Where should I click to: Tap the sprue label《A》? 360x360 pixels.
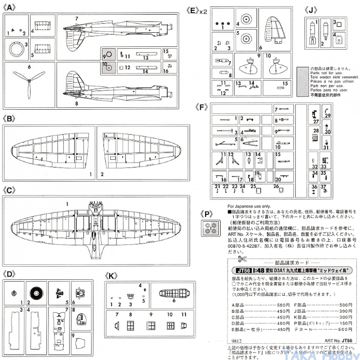[x=10, y=8]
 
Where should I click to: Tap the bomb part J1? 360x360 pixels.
[x=311, y=34]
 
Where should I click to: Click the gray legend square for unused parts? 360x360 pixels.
[x=302, y=74]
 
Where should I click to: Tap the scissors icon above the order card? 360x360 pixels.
[x=242, y=259]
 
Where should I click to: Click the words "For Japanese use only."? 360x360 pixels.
[x=249, y=206]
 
